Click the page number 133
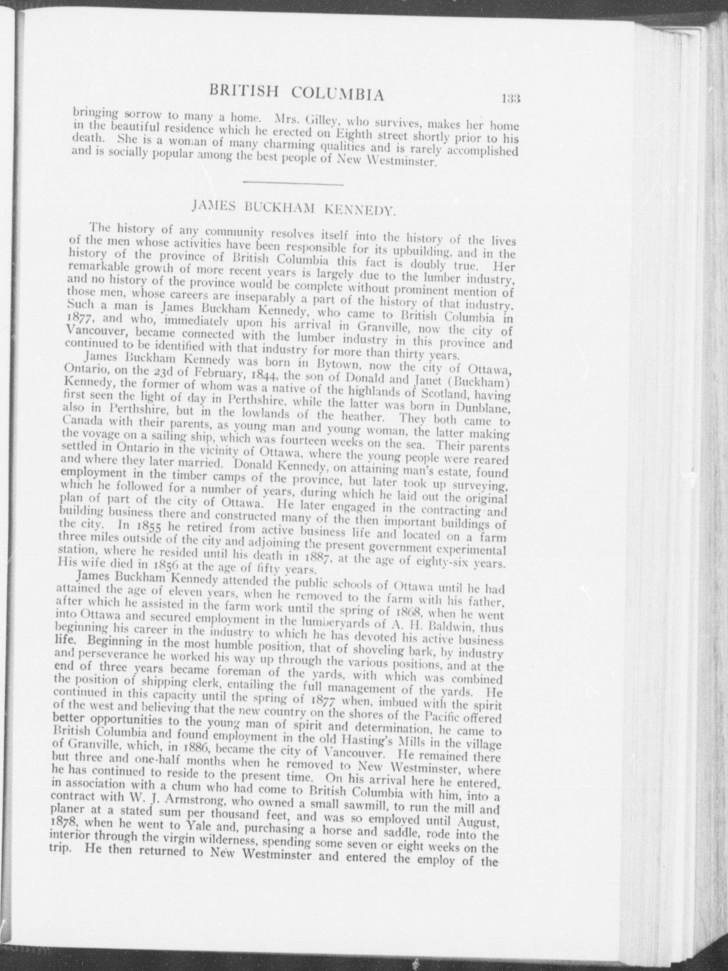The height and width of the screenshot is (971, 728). [x=511, y=99]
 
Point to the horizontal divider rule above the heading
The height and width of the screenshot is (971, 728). [x=292, y=183]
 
